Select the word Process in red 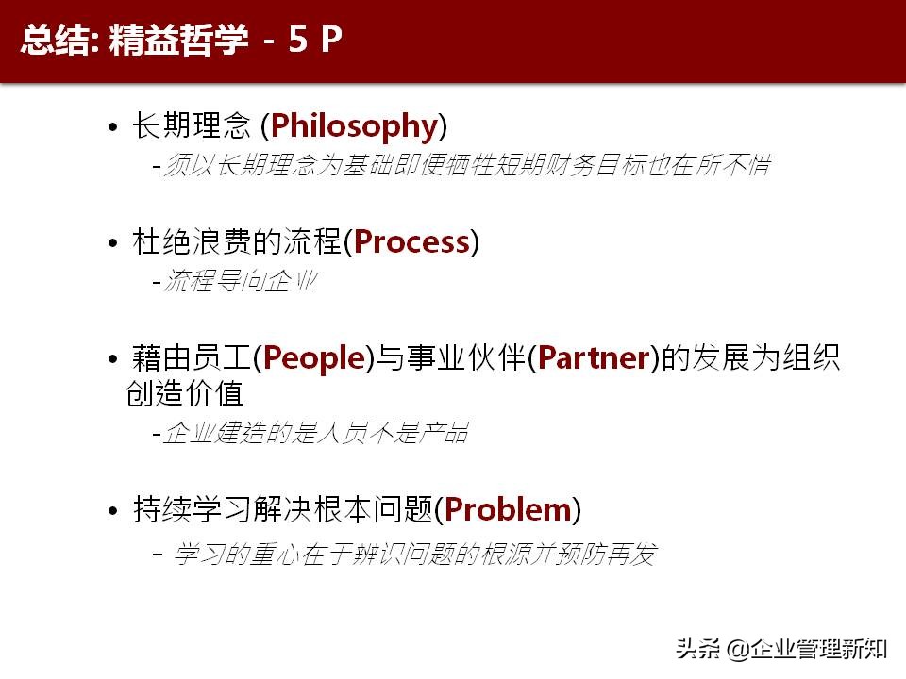[x=411, y=242]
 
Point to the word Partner [x=593, y=358]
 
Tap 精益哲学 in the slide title [x=178, y=41]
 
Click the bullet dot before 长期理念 [x=113, y=127]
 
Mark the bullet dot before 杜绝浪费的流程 [x=113, y=244]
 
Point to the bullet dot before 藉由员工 [x=113, y=360]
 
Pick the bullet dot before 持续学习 [x=113, y=512]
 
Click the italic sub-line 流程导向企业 [x=239, y=281]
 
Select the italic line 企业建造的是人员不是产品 [x=315, y=433]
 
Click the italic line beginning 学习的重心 [x=413, y=555]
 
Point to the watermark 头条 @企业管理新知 [x=780, y=648]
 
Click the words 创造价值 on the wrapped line [x=184, y=392]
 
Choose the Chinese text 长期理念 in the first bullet [x=192, y=125]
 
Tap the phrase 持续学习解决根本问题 [x=284, y=510]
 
